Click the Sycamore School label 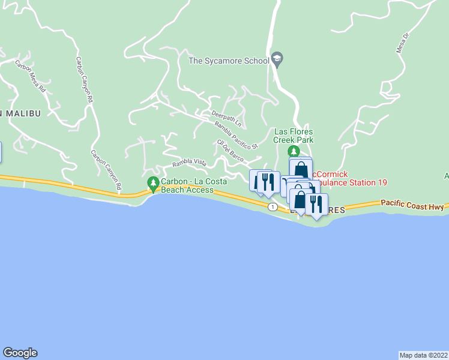(x=229, y=61)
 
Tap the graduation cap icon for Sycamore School (x=277, y=59)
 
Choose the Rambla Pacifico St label (x=236, y=135)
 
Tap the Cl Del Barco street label (x=230, y=150)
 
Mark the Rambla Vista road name (x=189, y=163)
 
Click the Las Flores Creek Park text (x=294, y=136)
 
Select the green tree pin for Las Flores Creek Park (x=294, y=151)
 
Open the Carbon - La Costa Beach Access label (x=187, y=186)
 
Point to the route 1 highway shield (x=273, y=206)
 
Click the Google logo (x=20, y=353)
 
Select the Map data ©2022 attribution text (x=423, y=355)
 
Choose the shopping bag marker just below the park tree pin (x=301, y=169)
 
